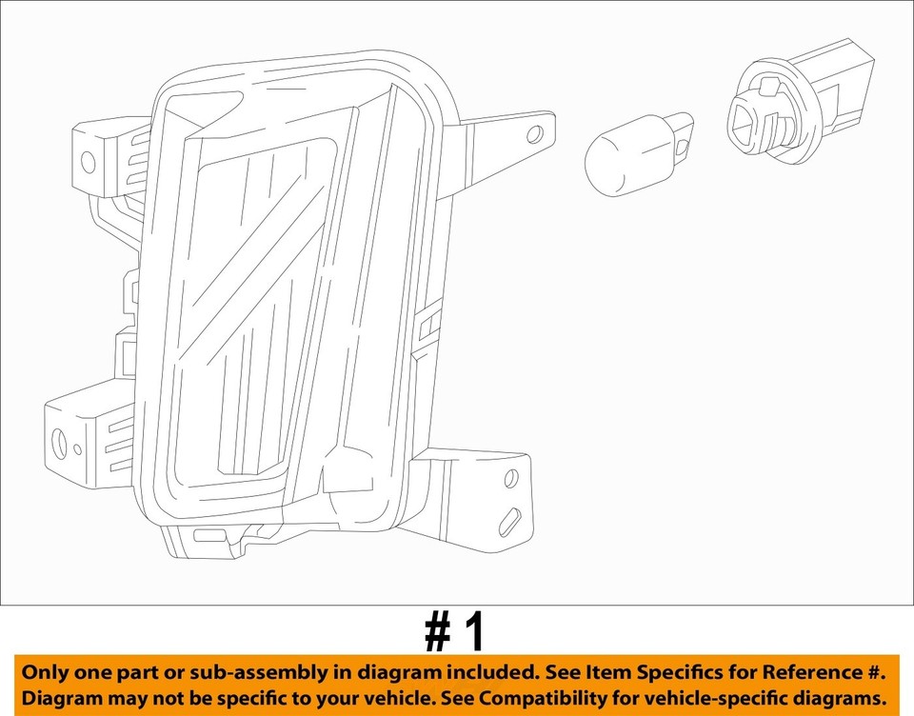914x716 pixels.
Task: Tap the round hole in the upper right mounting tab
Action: coord(535,134)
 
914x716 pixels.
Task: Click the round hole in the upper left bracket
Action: coord(89,162)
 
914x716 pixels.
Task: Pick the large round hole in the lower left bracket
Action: coord(59,443)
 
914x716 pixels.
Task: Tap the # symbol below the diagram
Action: coord(438,632)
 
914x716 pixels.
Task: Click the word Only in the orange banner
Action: coord(47,672)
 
